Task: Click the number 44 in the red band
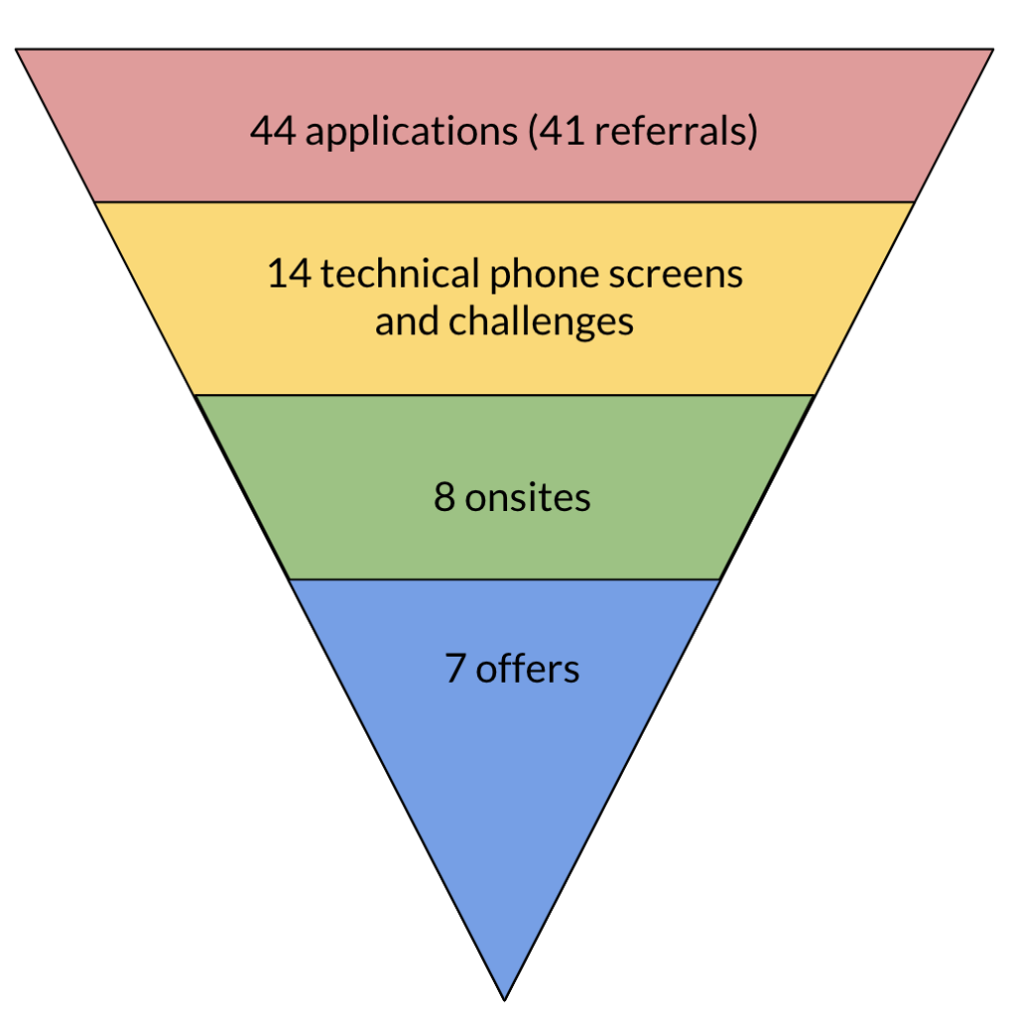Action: point(272,132)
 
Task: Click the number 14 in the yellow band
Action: point(289,273)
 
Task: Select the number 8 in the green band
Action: point(444,497)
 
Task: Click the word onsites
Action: point(528,497)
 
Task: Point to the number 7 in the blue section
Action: point(455,668)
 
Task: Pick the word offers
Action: point(528,668)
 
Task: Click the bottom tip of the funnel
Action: point(504,998)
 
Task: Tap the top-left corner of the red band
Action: point(17,50)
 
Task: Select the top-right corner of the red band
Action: point(993,50)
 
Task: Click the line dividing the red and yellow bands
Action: point(504,203)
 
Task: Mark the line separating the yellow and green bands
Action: point(504,395)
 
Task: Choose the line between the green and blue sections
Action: point(504,579)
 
